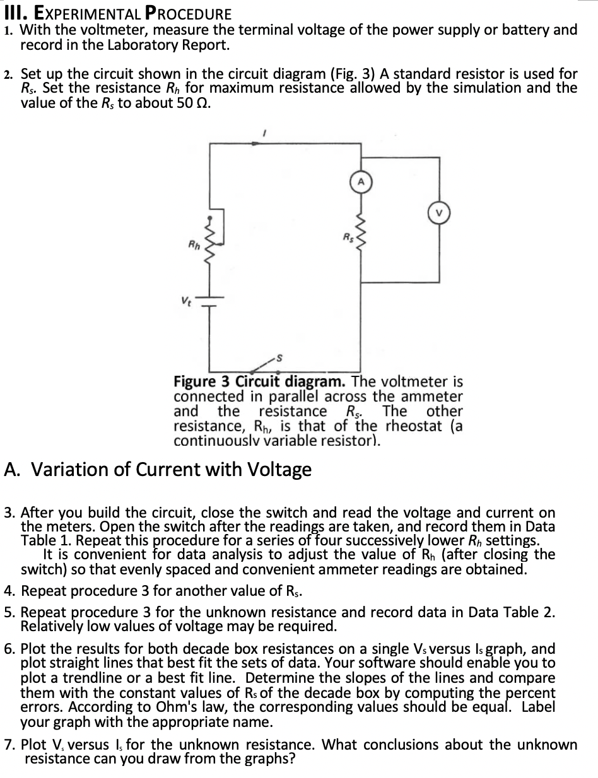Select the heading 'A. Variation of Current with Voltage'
point(158,469)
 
